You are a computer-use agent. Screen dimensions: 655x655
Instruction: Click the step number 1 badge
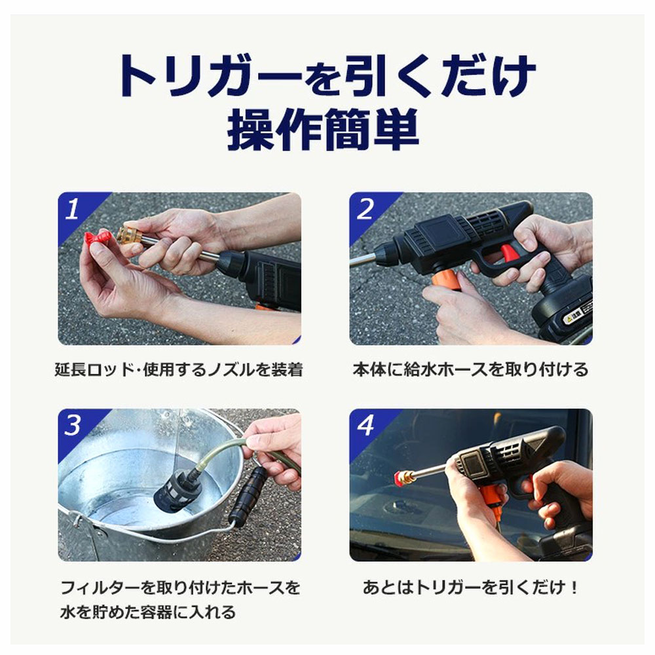click(73, 208)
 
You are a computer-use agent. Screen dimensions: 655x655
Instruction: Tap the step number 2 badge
click(365, 208)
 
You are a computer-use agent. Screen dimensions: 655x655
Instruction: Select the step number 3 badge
click(73, 425)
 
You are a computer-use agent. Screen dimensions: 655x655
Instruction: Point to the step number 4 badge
click(365, 425)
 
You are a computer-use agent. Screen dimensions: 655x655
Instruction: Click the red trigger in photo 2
click(510, 253)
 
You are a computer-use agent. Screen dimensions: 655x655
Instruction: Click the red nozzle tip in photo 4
click(400, 477)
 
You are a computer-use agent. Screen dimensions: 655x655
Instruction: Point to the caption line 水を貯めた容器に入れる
click(148, 612)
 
